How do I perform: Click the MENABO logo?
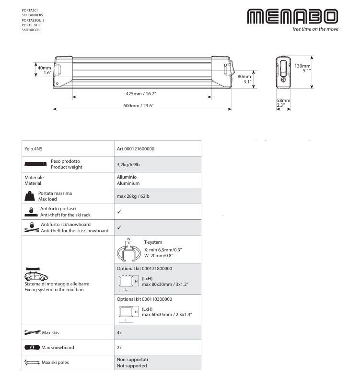(x=292, y=17)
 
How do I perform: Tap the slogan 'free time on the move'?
(x=315, y=29)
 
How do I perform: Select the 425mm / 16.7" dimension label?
(x=141, y=93)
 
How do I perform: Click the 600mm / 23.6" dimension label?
(x=141, y=105)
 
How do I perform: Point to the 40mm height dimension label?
(x=44, y=70)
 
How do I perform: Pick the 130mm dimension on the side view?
(x=302, y=68)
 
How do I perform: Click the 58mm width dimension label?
(x=281, y=102)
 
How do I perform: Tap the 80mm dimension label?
(x=244, y=79)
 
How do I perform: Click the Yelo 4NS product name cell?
(x=33, y=149)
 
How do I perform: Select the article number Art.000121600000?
(x=136, y=149)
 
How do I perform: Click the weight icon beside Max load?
(x=29, y=196)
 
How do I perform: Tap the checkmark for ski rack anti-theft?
(x=119, y=211)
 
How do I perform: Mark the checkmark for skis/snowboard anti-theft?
(x=119, y=227)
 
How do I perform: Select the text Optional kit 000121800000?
(x=144, y=269)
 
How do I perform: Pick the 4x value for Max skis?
(x=120, y=332)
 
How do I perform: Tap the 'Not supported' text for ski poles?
(x=132, y=366)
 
